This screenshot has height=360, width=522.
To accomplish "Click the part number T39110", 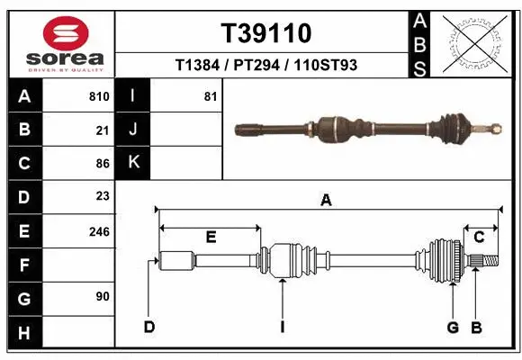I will click(x=266, y=33).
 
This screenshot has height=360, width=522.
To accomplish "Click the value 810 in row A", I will click(x=99, y=96).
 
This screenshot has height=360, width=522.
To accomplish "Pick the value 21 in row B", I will click(x=103, y=130).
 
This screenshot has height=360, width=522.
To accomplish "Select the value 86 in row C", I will click(x=103, y=163).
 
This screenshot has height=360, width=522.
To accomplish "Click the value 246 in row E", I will click(x=99, y=231).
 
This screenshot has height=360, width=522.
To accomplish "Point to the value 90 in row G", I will click(x=103, y=296).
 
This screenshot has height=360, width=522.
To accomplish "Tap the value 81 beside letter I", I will click(x=211, y=96).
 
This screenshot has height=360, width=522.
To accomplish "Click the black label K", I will click(x=134, y=163).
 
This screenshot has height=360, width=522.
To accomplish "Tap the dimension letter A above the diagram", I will click(x=326, y=202).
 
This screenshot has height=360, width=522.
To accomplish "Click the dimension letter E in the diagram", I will click(x=211, y=238).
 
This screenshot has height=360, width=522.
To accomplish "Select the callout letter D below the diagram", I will click(x=149, y=326).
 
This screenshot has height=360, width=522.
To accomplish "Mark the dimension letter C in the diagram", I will click(x=480, y=238).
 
